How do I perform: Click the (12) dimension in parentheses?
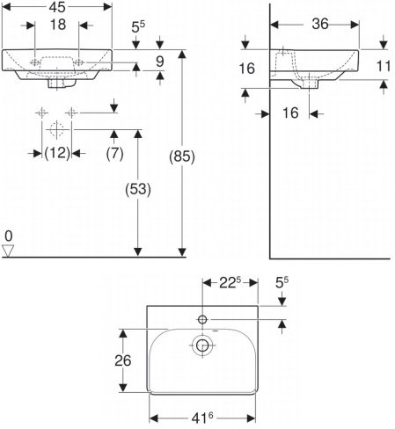coord(57,153)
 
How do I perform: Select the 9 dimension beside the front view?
coord(160,62)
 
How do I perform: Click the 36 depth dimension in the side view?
coord(319,25)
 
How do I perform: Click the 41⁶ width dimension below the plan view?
coord(201,420)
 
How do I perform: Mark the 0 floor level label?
coord(8,236)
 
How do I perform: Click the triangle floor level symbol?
coord(9,251)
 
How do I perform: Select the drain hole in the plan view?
coord(202,347)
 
